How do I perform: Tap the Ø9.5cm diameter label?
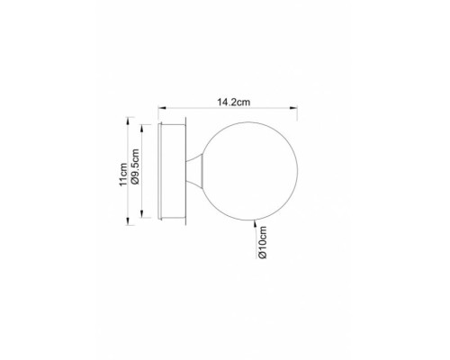[x=135, y=171]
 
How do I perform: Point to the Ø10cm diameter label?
[x=261, y=244]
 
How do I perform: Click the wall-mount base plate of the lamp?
[x=173, y=171]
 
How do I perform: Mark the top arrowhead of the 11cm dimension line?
[x=129, y=120]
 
